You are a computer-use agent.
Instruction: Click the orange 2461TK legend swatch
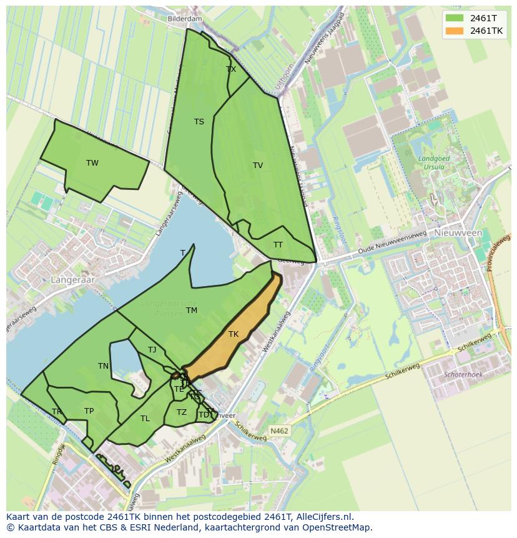[x=455, y=31]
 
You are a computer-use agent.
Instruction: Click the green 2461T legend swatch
[x=455, y=17]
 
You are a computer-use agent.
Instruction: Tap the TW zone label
[x=92, y=163]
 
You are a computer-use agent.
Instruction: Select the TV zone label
[x=258, y=166]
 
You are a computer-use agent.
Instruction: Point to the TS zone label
[x=199, y=122]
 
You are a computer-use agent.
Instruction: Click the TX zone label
[x=231, y=69]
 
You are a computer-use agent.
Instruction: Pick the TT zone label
[x=278, y=245]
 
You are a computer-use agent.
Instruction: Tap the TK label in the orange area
[x=234, y=334]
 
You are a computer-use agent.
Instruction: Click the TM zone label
[x=192, y=311]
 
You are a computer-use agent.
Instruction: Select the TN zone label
[x=103, y=366]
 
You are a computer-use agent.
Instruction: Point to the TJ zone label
[x=152, y=350]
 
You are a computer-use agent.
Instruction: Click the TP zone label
[x=89, y=411]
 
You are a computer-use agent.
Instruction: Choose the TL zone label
[x=145, y=419]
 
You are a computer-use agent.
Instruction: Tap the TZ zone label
[x=181, y=412]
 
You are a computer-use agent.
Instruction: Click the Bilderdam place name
[x=185, y=19]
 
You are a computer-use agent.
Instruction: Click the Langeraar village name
[x=74, y=280]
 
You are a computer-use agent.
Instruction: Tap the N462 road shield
[x=279, y=431]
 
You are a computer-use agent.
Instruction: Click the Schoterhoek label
[x=463, y=374]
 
